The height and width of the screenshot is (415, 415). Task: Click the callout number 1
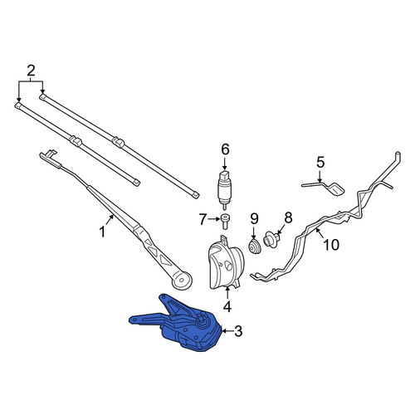click(x=103, y=232)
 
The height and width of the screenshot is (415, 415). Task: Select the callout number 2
click(x=31, y=71)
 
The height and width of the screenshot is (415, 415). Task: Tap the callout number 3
click(x=238, y=331)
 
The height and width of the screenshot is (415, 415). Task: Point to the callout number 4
click(x=227, y=307)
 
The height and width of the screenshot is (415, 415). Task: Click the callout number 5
click(x=320, y=163)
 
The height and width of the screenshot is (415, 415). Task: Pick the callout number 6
click(x=225, y=149)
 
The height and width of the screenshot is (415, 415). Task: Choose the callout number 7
click(x=203, y=220)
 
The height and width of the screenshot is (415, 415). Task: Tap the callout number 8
click(x=288, y=217)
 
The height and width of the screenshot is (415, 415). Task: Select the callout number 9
click(x=254, y=219)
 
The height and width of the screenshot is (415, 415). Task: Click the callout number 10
click(x=331, y=245)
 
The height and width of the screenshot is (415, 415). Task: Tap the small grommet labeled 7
click(x=225, y=222)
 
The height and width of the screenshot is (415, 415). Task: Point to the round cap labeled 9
click(x=254, y=247)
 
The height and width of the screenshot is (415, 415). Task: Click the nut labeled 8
click(x=271, y=239)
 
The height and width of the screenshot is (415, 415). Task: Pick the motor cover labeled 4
click(x=226, y=262)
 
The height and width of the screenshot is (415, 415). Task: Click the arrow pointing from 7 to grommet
click(x=213, y=219)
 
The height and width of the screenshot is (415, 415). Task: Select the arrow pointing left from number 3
click(x=227, y=331)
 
